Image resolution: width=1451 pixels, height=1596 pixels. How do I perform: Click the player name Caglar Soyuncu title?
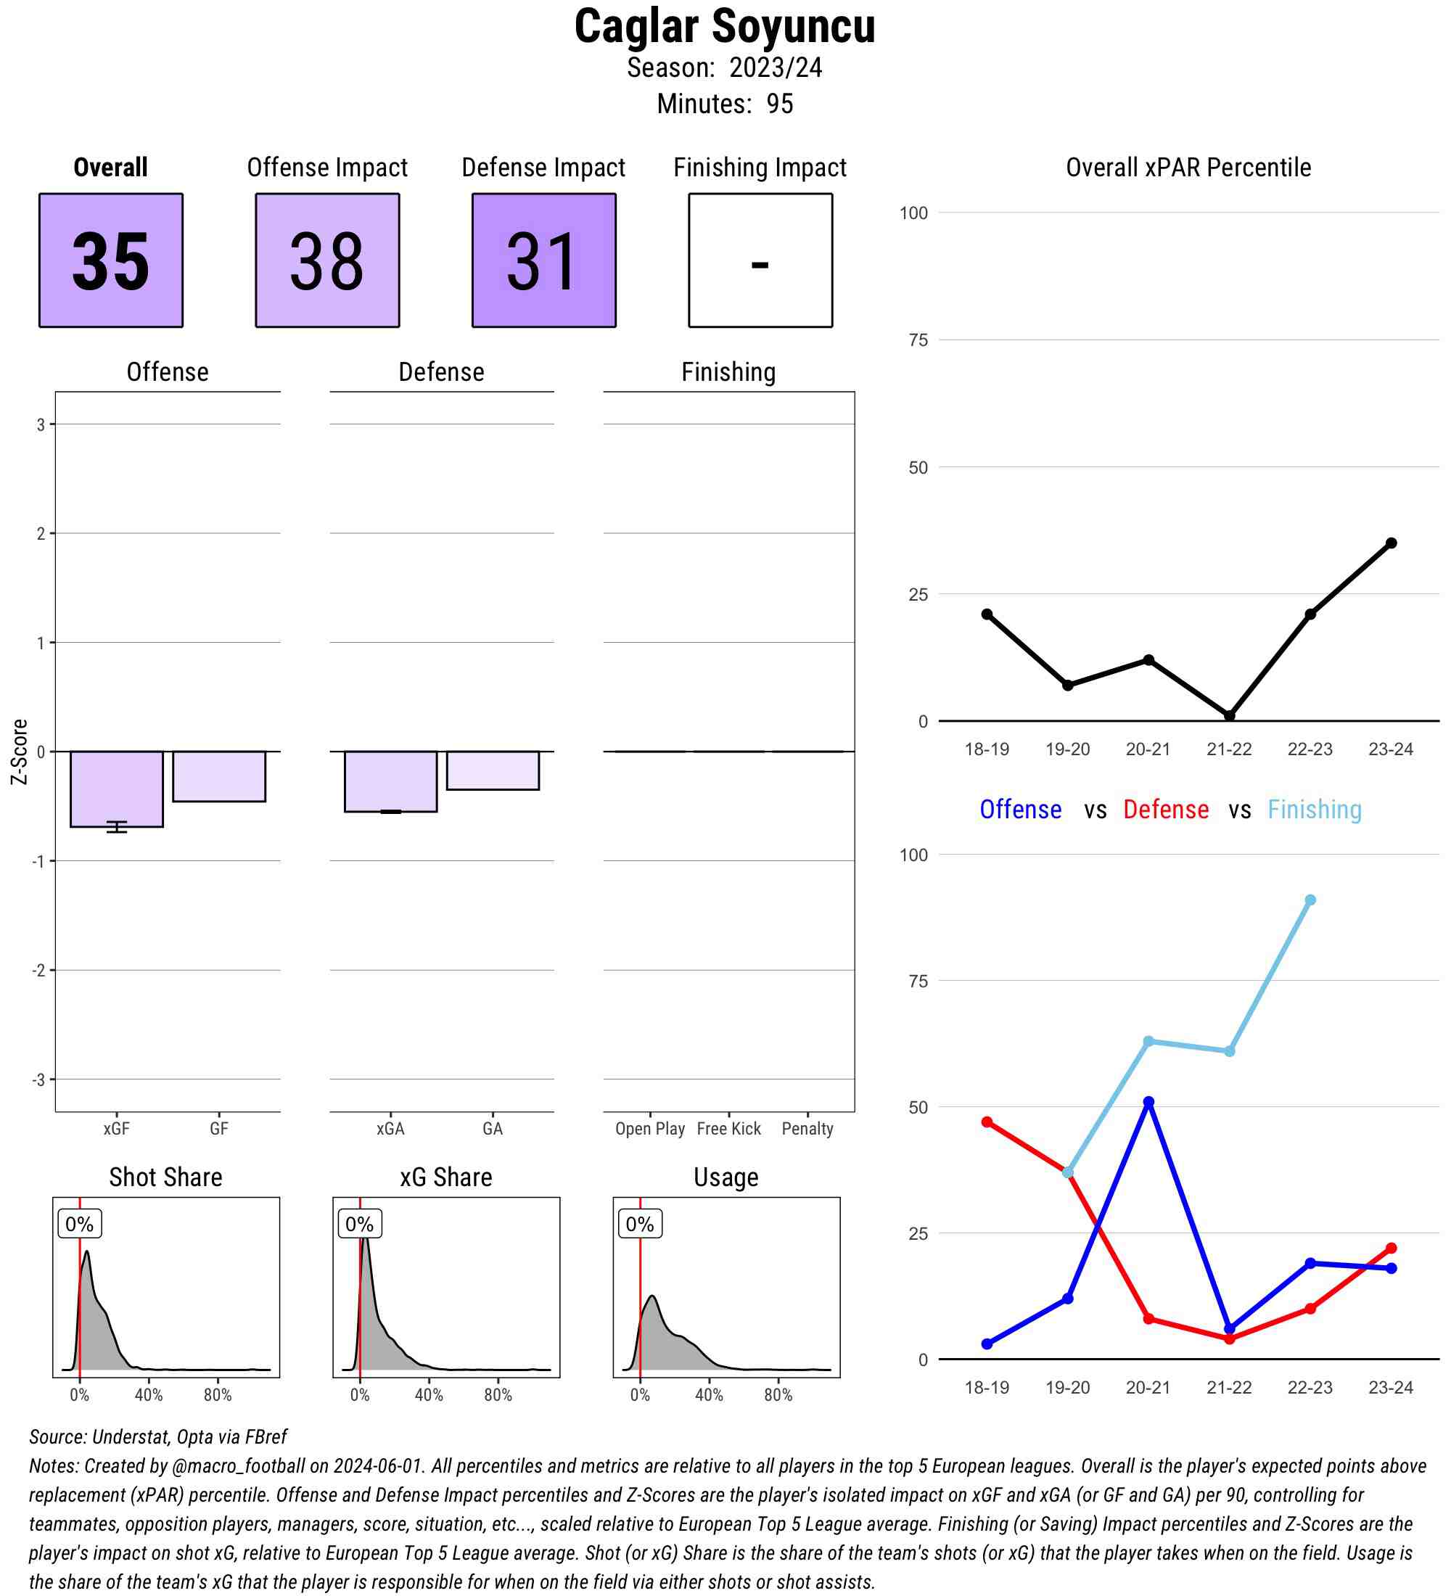click(724, 27)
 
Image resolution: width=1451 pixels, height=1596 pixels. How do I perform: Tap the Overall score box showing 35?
click(111, 260)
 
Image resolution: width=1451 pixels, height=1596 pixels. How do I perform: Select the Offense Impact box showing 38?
click(327, 260)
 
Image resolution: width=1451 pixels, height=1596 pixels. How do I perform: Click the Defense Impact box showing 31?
click(544, 260)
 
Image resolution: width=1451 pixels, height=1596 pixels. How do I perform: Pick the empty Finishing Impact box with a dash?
click(760, 260)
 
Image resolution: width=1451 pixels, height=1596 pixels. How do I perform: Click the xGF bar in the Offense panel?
click(116, 789)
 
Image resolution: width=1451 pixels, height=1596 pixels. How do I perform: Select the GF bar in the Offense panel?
click(219, 776)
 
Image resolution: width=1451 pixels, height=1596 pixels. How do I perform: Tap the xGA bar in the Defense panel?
click(390, 781)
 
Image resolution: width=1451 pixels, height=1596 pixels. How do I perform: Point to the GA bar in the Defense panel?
click(493, 770)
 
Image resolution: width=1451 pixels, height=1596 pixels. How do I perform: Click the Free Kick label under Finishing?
click(728, 1129)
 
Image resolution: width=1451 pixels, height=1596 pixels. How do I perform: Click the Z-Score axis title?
click(19, 752)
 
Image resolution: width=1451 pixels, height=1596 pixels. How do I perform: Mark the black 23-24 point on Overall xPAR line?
click(1391, 543)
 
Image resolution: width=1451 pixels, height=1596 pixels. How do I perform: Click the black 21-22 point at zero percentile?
click(1229, 716)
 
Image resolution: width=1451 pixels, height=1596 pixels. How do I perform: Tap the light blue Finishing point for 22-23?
click(1310, 900)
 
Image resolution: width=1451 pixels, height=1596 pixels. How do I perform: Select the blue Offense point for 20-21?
click(1148, 1102)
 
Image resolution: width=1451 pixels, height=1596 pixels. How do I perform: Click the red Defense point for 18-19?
click(987, 1122)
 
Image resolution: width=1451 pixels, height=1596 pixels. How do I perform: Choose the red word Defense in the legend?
click(1166, 809)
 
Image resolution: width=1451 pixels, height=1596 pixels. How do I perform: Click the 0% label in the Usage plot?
click(640, 1224)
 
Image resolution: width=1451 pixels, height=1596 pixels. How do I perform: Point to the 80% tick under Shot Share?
click(218, 1395)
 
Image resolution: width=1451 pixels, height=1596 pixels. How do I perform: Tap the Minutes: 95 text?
click(724, 104)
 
